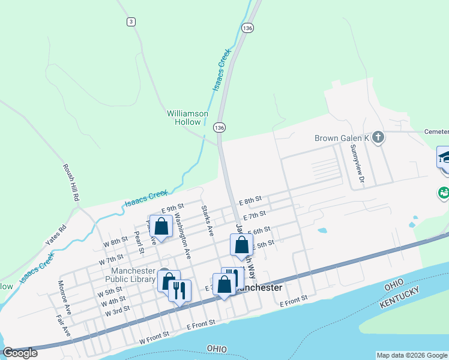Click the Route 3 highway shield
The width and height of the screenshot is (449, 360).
tap(130, 22)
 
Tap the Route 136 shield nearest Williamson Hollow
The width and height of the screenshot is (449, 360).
tap(220, 128)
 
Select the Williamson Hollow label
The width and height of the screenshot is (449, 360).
tap(187, 118)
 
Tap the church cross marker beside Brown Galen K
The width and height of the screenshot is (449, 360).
tap(378, 138)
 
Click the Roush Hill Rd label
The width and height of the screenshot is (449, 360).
tap(71, 182)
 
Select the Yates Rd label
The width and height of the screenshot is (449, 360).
tap(55, 236)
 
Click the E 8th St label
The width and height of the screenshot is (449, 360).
tap(250, 200)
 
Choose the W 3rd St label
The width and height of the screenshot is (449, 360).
tap(117, 312)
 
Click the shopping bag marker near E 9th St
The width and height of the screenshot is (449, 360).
tap(161, 226)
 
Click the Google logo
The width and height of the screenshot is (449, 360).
tap(20, 353)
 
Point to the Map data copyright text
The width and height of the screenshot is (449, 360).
tap(412, 355)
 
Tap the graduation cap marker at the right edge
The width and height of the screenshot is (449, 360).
tap(444, 158)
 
